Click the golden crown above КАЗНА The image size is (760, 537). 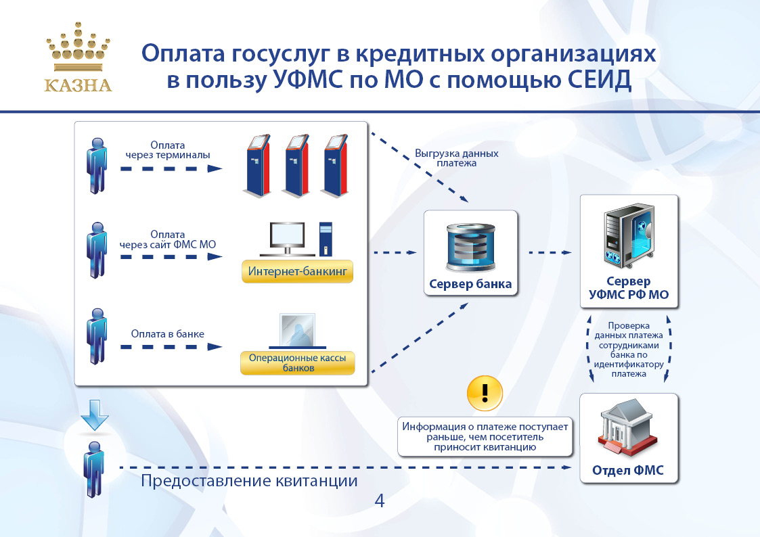[78, 47]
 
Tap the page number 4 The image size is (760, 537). [380, 500]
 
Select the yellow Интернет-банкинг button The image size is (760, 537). [297, 272]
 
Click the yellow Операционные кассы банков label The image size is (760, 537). [298, 363]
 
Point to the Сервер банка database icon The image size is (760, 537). [470, 248]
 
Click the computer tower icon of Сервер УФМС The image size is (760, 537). [629, 236]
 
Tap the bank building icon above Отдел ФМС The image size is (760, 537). [627, 428]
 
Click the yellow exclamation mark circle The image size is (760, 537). [485, 393]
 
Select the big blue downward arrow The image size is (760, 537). [95, 415]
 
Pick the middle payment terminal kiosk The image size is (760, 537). [296, 166]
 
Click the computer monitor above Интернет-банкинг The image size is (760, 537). [288, 239]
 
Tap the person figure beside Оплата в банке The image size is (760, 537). [97, 336]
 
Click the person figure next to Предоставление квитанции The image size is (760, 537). [94, 469]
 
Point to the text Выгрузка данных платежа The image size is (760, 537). [457, 158]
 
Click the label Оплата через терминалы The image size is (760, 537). [168, 150]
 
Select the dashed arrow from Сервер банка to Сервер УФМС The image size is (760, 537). [550, 252]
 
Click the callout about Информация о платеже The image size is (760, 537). [485, 437]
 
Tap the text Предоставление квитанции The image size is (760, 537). [249, 481]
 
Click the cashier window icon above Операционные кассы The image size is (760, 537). [298, 331]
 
